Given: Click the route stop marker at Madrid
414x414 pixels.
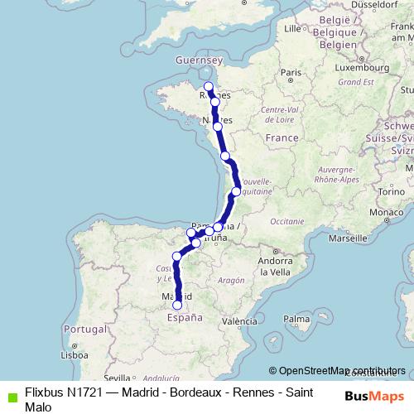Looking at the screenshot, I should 176,305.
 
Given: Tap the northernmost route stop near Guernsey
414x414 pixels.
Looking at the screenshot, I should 209,87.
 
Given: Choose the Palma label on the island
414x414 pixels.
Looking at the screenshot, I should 295,317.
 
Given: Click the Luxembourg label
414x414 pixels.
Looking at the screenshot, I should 338,67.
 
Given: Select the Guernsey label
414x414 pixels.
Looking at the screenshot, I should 200,60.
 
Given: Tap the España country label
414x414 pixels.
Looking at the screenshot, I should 185,316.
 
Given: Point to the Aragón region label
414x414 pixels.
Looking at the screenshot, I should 232,281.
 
